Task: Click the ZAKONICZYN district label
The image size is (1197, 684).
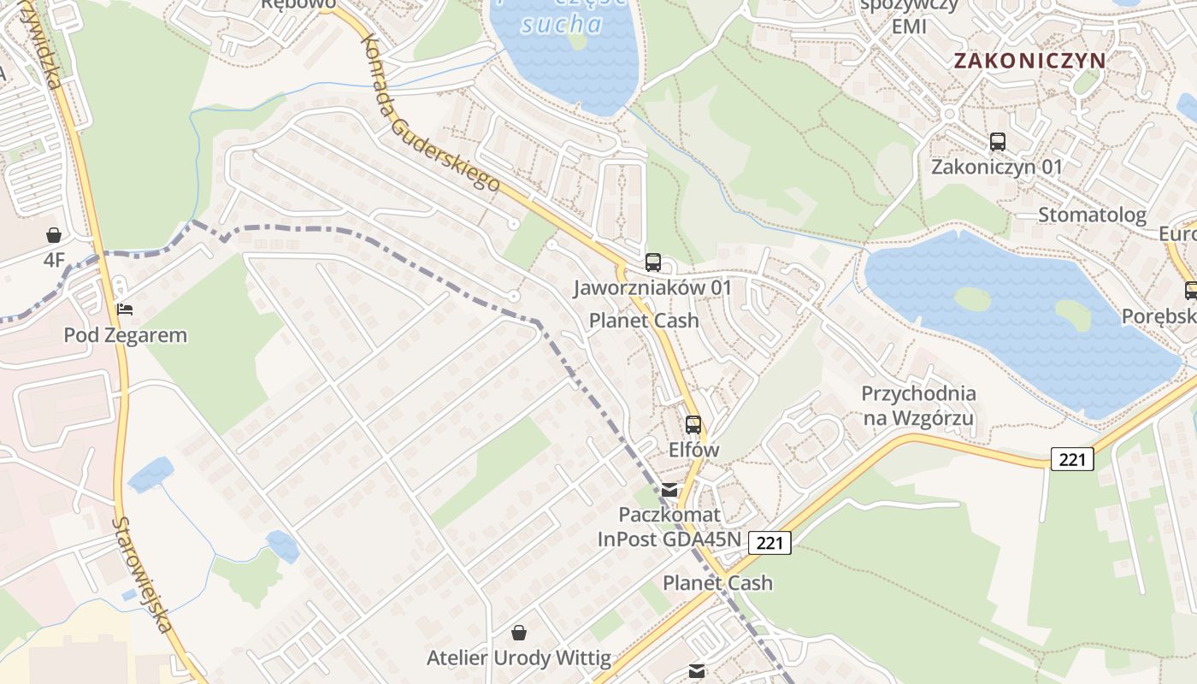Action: coord(1029,61)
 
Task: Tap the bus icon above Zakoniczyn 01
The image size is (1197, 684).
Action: coord(997,142)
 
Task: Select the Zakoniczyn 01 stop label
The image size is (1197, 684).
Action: coord(997,167)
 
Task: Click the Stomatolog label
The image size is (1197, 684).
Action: coord(1092,215)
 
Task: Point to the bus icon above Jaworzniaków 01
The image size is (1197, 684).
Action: coord(653,262)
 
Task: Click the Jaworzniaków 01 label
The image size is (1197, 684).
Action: coord(653,287)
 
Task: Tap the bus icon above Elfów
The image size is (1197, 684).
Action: coord(693,424)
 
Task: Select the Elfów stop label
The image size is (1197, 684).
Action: coord(693,450)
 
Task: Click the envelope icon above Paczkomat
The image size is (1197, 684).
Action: coord(669,490)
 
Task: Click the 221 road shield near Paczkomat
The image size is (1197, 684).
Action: coord(769,542)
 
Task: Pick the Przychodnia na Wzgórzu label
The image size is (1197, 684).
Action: coord(918,406)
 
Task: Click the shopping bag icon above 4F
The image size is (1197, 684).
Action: coord(54,234)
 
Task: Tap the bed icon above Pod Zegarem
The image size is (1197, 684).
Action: coord(125,310)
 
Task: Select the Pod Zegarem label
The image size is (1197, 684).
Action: coord(125,334)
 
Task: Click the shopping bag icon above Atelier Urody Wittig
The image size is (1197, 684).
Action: coord(519,633)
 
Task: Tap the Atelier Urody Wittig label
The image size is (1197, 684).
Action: coord(519,658)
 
